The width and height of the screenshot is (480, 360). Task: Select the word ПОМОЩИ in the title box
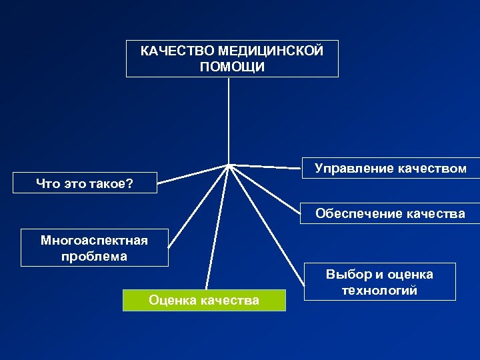231,67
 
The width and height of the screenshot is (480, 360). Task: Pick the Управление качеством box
390,169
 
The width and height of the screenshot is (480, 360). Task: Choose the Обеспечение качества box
390,213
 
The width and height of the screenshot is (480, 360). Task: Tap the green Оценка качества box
204,300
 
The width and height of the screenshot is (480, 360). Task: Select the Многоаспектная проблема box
94,247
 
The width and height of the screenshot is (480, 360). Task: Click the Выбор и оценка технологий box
379,282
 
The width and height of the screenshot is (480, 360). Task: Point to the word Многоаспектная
94,239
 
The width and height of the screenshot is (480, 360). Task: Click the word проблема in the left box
94,256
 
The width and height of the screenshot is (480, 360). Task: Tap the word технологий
379,291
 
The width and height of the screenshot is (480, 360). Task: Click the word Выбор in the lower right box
348,274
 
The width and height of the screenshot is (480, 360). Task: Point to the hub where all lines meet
229,164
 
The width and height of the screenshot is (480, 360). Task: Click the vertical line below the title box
229,120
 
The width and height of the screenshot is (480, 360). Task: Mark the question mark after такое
129,183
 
